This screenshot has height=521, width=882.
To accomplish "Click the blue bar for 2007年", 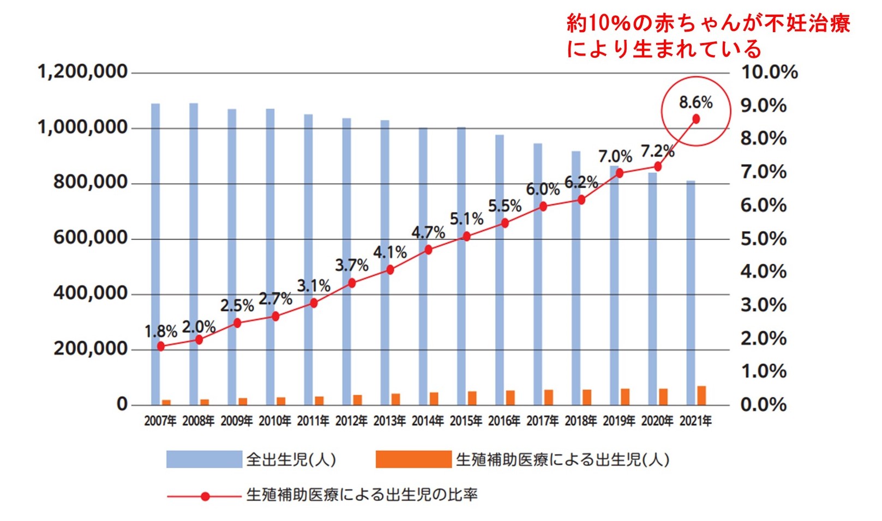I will [155, 251].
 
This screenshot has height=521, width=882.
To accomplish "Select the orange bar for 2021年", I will [701, 396].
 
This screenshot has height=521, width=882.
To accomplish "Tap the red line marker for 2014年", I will [428, 250].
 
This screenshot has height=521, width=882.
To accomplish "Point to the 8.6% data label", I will [695, 102].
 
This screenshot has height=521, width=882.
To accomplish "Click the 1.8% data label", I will [161, 331].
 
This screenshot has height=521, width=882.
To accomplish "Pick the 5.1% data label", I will [466, 219].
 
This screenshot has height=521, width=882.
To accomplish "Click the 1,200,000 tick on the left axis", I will [82, 71].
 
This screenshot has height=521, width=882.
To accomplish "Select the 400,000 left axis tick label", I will [91, 293].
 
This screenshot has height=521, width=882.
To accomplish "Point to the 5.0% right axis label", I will [763, 239].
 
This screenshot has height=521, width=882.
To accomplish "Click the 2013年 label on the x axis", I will [389, 421].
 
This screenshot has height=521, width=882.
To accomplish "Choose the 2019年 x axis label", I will [619, 421].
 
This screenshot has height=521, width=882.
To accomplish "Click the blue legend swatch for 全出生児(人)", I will [204, 459].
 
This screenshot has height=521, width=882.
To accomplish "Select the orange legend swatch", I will [413, 459].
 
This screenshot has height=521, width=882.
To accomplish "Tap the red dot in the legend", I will [205, 496].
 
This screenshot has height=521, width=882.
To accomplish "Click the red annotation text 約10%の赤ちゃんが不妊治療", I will [708, 23].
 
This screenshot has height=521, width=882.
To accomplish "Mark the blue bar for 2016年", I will [500, 270].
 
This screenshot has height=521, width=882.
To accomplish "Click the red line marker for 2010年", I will [275, 316].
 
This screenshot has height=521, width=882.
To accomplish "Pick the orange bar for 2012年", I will [357, 400].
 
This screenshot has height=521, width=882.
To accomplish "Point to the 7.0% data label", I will [615, 157].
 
